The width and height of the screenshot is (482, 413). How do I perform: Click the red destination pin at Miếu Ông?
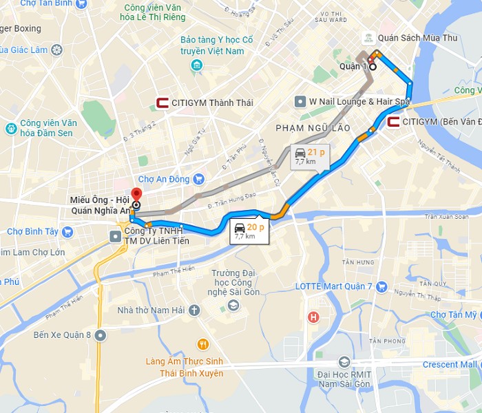(x=136, y=194)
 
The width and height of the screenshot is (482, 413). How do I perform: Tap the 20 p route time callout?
(x=249, y=231)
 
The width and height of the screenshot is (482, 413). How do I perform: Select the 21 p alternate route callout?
(x=309, y=156)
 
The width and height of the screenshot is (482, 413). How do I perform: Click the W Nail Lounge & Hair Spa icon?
(x=300, y=102)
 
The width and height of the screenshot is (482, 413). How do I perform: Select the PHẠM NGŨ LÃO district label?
(x=313, y=128)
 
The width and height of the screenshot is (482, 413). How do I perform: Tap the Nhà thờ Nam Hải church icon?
(x=195, y=310)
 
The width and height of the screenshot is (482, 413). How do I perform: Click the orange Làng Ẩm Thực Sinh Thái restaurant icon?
(x=202, y=344)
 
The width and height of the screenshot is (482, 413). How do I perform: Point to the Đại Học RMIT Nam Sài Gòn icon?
(x=344, y=362)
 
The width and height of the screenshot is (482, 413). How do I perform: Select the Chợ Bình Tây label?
(x=33, y=231)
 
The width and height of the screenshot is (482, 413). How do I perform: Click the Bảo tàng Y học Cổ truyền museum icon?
(x=197, y=66)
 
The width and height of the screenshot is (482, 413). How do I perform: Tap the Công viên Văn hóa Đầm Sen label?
(x=41, y=129)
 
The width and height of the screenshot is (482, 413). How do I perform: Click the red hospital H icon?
(x=314, y=317)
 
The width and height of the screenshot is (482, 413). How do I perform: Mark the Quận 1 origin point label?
(x=355, y=67)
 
